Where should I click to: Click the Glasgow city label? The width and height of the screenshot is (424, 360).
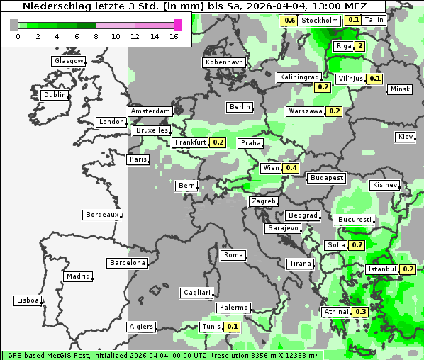click(x=68, y=61)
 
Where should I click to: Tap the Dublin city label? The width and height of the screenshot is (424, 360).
click(x=54, y=95)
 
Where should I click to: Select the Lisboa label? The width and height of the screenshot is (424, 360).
click(x=27, y=300)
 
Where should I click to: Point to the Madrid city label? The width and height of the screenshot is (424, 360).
click(x=77, y=276)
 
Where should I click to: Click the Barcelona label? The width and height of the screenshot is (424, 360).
click(x=128, y=263)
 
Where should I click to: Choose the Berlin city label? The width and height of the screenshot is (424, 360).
click(x=240, y=107)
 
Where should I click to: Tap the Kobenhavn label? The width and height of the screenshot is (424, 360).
click(x=223, y=62)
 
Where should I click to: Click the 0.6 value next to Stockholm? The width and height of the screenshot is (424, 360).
click(x=289, y=20)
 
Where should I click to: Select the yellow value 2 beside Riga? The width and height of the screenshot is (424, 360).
click(x=360, y=47)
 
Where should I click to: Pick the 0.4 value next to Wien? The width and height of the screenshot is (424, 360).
click(x=291, y=168)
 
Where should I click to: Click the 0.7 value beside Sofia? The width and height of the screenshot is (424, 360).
click(x=357, y=245)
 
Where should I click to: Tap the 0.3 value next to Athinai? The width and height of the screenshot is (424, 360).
click(x=360, y=312)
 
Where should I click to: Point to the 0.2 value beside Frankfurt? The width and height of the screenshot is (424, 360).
click(x=218, y=142)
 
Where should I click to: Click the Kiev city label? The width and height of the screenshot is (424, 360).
click(x=405, y=137)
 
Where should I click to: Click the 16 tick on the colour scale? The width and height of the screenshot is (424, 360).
click(x=173, y=36)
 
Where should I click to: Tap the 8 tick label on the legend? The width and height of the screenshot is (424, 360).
click(x=96, y=36)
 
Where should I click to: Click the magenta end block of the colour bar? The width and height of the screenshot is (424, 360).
click(x=177, y=25)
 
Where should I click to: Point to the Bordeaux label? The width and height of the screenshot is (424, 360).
click(x=101, y=215)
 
